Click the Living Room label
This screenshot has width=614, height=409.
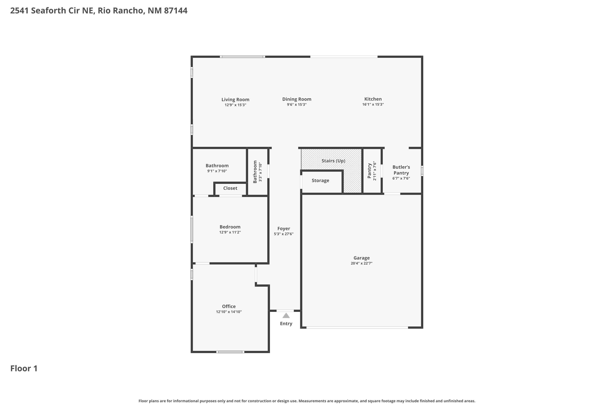235,99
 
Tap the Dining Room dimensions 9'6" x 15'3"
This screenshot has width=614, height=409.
297,104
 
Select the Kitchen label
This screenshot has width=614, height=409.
373,99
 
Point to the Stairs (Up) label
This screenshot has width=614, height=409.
333,161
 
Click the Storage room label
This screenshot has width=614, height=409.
320,181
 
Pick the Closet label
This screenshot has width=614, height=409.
230,188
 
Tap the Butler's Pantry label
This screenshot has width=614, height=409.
401,170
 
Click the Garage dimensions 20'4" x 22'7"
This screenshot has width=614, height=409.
361,263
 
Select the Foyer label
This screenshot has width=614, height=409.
283,228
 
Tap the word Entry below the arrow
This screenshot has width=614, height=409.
286,324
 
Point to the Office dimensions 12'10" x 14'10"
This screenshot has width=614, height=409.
229,312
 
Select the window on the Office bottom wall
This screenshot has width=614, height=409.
230,352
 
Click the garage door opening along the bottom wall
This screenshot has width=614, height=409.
357,328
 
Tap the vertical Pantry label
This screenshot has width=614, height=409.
369,171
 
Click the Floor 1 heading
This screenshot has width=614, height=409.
24,368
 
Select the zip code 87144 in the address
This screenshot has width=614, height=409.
176,11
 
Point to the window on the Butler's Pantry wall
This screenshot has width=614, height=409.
422,171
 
